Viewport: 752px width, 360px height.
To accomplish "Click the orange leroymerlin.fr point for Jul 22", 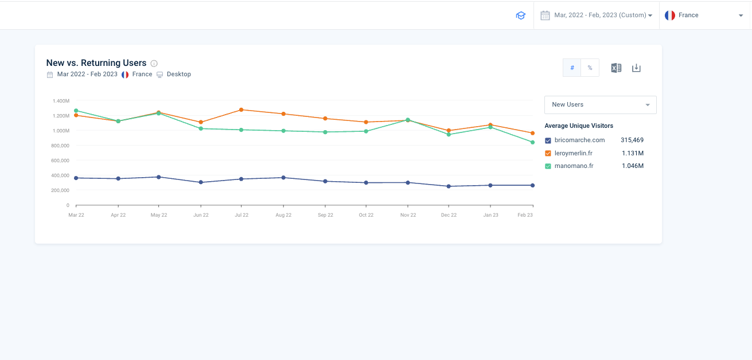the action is (x=241, y=109).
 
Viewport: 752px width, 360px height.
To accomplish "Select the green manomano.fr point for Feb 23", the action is (x=532, y=142).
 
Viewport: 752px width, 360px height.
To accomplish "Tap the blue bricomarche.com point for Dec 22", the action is (x=449, y=186).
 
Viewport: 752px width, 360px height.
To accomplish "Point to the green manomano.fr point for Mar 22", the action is (x=76, y=111).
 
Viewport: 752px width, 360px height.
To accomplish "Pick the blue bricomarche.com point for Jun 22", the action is (x=201, y=182).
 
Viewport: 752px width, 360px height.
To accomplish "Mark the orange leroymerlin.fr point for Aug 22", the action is (x=283, y=114).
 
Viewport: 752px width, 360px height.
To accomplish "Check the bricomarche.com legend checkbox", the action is (x=548, y=140).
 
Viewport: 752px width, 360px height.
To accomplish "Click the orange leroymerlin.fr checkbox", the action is (x=548, y=153).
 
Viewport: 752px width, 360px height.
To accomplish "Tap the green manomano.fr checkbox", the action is (x=548, y=166).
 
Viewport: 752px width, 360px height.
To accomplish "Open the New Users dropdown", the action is (x=600, y=105).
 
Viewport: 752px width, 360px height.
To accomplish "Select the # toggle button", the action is (x=572, y=68).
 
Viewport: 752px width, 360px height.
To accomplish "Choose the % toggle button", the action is (x=590, y=68).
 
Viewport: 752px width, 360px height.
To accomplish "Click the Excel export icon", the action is (x=616, y=68).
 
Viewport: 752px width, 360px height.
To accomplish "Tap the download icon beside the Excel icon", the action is (x=636, y=68).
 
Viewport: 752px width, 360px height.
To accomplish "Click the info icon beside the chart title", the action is (x=154, y=64).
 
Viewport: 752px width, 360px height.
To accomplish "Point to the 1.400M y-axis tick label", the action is (x=61, y=101).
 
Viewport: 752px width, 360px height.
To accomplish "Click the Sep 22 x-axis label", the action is (x=325, y=215).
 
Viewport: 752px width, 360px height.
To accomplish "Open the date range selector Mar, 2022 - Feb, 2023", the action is (x=596, y=15).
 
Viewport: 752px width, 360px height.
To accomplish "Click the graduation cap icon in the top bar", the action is (x=521, y=15).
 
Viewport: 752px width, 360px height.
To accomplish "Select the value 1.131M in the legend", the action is (x=633, y=153).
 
